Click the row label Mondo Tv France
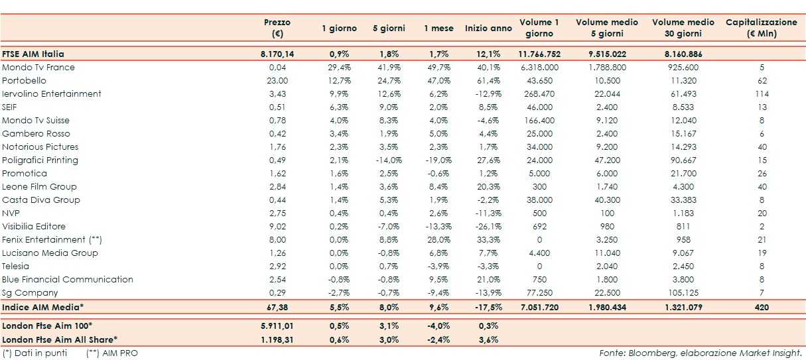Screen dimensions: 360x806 coord(38,68)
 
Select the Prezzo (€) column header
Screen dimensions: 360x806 coord(277,28)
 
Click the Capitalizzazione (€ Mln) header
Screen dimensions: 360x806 coord(761,28)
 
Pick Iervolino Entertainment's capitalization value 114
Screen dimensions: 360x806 coord(761,94)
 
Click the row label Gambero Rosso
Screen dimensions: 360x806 coord(33,134)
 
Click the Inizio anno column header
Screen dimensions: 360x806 coord(488,29)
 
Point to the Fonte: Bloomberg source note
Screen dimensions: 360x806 coord(701,353)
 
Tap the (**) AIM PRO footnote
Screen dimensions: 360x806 coord(112,353)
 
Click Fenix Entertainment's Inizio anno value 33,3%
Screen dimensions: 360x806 coord(488,240)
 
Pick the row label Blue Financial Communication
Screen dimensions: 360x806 coord(68,280)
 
